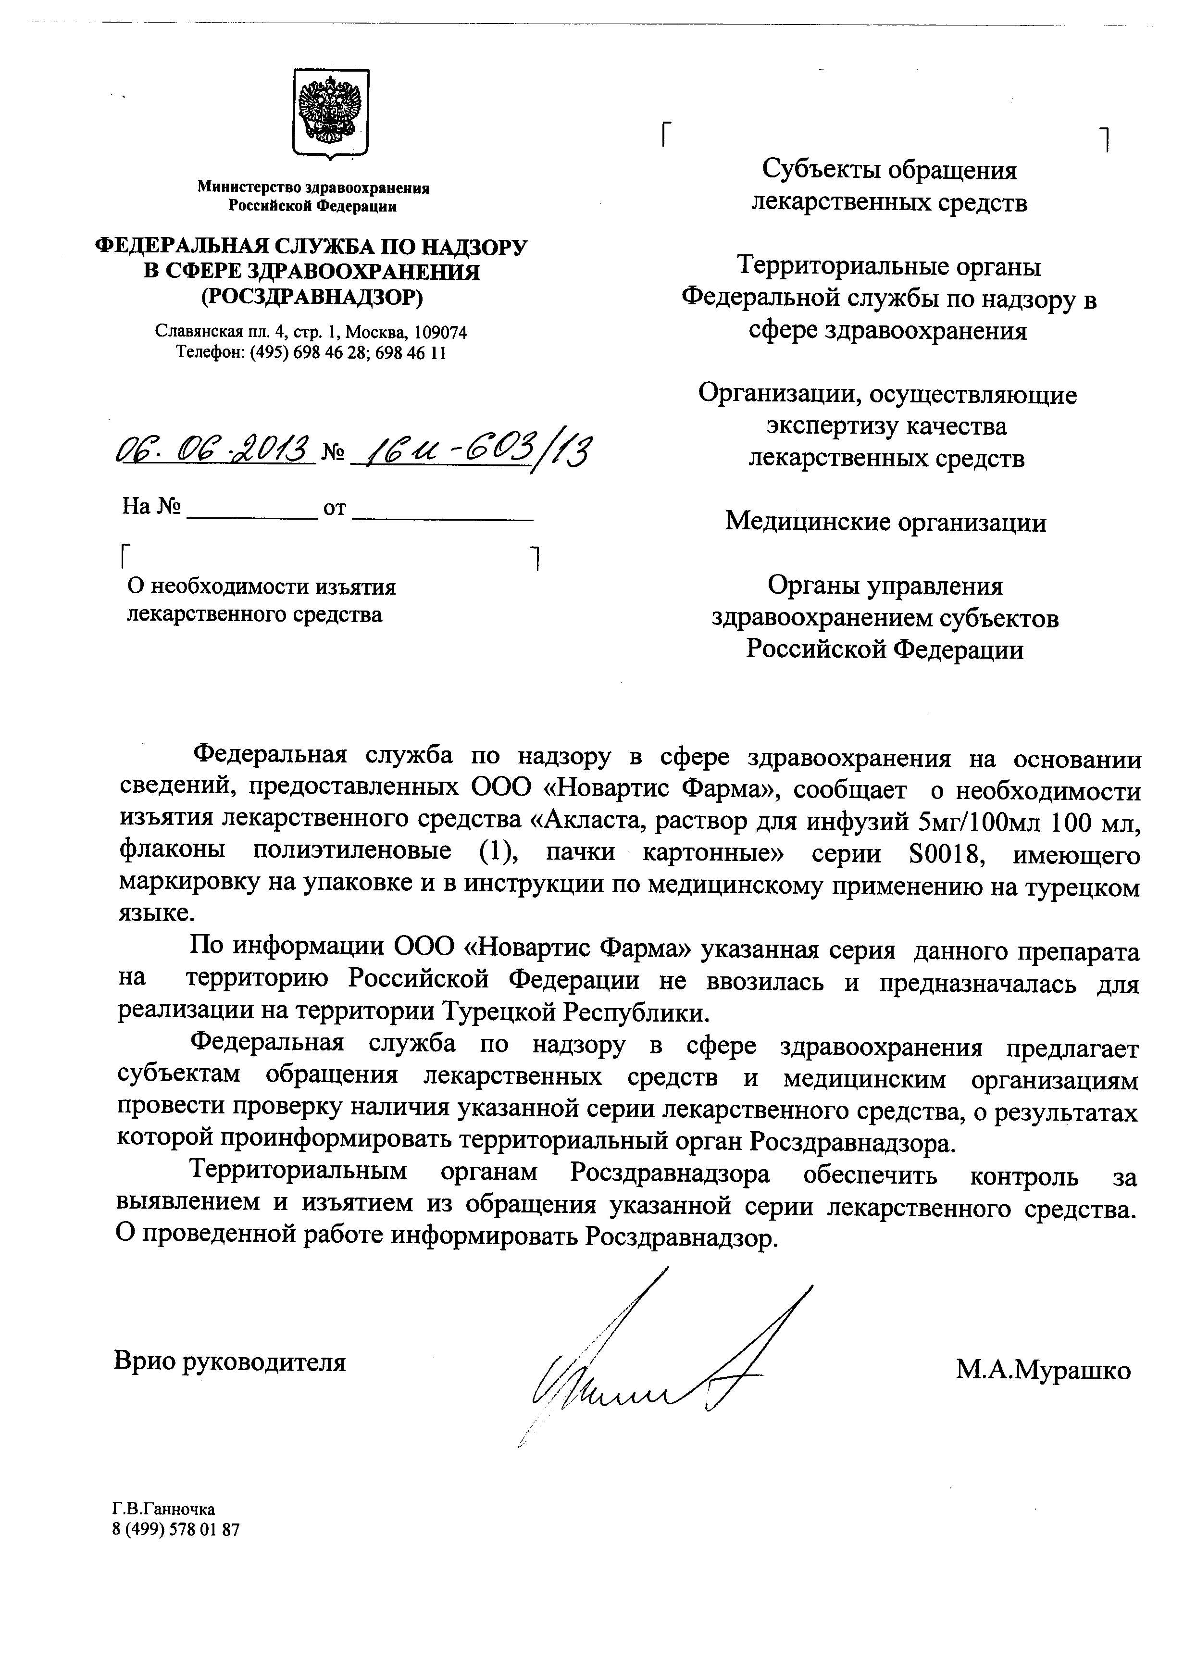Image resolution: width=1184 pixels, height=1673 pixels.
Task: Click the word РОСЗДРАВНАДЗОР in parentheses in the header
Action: [312, 296]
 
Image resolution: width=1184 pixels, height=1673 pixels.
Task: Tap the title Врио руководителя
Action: [230, 1361]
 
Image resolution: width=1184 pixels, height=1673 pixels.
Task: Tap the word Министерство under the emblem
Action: [249, 187]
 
